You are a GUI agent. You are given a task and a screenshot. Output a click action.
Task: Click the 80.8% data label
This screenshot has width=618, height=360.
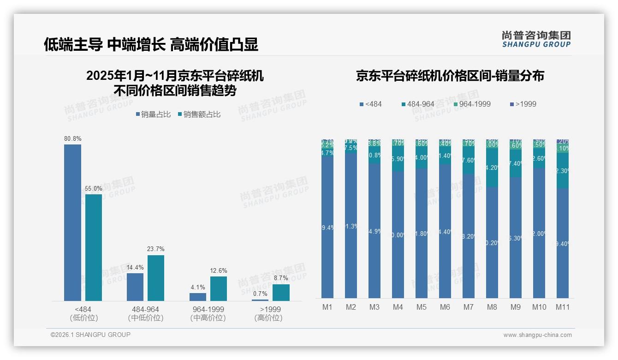pyautogui.click(x=72, y=138)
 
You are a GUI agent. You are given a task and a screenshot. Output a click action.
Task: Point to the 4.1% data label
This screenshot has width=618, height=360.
pyautogui.click(x=198, y=287)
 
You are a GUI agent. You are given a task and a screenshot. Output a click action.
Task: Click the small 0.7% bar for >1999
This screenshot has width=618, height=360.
pyautogui.click(x=260, y=300)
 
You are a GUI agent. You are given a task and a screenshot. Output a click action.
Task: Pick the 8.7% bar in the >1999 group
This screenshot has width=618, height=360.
pyautogui.click(x=281, y=293)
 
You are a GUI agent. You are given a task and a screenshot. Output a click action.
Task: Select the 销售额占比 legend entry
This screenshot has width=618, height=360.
pyautogui.click(x=199, y=114)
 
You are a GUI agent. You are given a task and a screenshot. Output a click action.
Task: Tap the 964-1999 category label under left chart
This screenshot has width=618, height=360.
pyautogui.click(x=208, y=309)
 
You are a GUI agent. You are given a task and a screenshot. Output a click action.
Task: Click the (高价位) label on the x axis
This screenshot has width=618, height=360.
pyautogui.click(x=268, y=318)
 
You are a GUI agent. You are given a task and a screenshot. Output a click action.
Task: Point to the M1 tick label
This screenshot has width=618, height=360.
pyautogui.click(x=327, y=307)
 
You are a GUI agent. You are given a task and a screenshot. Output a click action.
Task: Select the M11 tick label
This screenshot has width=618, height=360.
pyautogui.click(x=562, y=307)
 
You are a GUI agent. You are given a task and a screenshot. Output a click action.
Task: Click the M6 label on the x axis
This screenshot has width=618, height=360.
pyautogui.click(x=445, y=307)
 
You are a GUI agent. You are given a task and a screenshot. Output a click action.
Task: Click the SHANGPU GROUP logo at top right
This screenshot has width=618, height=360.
pyautogui.click(x=536, y=39)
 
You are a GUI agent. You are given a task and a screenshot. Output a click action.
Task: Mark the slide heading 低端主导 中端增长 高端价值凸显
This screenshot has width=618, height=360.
pyautogui.click(x=151, y=45)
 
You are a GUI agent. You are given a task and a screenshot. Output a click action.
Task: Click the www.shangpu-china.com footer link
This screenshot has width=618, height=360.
pyautogui.click(x=537, y=335)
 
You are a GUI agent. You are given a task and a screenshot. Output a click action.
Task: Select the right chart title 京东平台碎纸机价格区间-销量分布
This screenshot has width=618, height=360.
pyautogui.click(x=450, y=76)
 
